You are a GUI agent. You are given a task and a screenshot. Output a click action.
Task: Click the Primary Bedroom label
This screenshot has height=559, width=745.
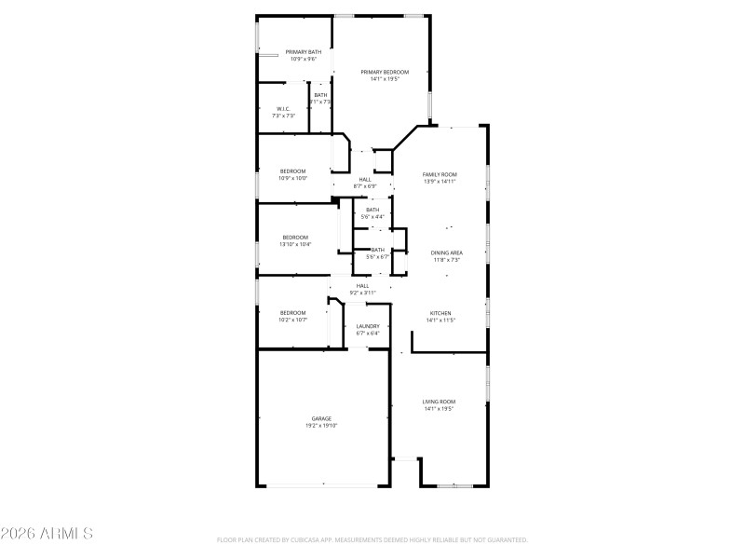[385, 72]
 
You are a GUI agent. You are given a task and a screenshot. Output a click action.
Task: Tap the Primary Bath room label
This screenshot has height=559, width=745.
[303, 51]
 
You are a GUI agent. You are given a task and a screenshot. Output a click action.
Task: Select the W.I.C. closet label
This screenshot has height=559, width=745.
[284, 108]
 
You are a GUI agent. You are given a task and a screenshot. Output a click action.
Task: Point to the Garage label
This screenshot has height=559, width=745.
[321, 418]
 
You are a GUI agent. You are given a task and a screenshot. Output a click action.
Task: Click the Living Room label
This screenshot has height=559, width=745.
[438, 402]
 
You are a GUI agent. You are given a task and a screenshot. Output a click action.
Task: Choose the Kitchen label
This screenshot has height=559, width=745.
[440, 313]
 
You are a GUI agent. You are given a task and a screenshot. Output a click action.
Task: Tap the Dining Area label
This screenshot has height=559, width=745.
[447, 252]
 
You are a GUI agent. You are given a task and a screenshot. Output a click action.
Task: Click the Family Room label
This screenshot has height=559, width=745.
[440, 174]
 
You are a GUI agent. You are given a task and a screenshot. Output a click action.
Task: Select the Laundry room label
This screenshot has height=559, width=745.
[367, 326]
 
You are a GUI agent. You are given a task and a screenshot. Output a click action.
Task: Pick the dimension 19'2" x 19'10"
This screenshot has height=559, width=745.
[321, 426]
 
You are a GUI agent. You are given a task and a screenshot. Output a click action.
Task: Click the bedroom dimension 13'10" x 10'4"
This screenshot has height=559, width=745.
[295, 244]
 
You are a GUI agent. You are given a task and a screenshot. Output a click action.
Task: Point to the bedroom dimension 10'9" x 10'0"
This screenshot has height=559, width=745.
[293, 178]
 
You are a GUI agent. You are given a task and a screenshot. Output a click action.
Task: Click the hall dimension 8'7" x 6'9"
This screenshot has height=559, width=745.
[364, 186]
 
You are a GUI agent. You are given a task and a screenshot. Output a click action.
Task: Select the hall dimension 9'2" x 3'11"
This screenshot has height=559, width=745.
[362, 293]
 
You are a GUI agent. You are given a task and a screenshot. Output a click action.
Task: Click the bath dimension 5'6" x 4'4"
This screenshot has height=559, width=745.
[372, 217]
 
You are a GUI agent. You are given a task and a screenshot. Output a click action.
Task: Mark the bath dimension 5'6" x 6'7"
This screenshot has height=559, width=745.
[377, 256]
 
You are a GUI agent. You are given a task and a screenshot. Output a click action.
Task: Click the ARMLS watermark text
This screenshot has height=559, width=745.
[47, 535]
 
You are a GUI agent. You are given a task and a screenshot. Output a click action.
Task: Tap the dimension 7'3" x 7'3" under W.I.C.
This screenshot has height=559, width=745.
[284, 116]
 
